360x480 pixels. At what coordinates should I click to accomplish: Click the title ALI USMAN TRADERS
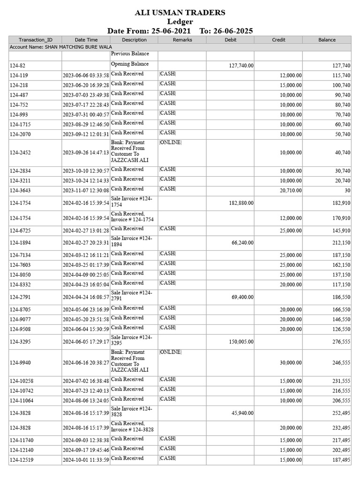pyautogui.click(x=180, y=13)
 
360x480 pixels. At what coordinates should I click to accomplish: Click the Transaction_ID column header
pyautogui.click(x=36, y=40)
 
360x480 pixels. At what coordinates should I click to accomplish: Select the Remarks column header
pyautogui.click(x=182, y=40)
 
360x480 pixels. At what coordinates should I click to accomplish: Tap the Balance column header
pyautogui.click(x=327, y=40)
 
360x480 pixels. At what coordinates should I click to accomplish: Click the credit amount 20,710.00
pyautogui.click(x=291, y=191)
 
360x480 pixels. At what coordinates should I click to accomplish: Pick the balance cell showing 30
pyautogui.click(x=346, y=191)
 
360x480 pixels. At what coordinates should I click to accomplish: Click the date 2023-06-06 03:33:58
pyautogui.click(x=86, y=75)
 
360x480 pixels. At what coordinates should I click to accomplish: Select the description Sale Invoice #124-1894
pyautogui.click(x=132, y=241)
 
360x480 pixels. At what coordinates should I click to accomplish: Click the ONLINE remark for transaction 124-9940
pyautogui.click(x=170, y=352)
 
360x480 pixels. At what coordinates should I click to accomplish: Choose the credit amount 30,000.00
pyautogui.click(x=291, y=363)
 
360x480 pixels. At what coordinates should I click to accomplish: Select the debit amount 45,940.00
pyautogui.click(x=242, y=413)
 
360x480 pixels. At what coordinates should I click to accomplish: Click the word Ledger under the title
pyautogui.click(x=180, y=22)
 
